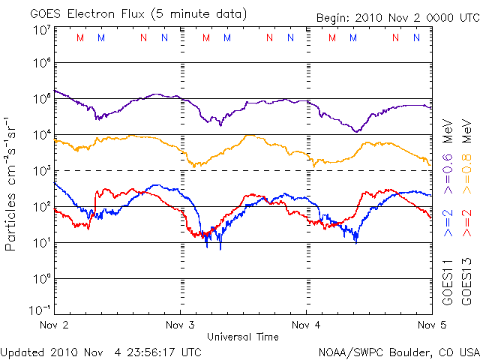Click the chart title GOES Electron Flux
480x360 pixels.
click(87, 14)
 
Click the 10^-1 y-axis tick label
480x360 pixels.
click(40, 310)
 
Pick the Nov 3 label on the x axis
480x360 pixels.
click(180, 325)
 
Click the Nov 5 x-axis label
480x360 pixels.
click(432, 325)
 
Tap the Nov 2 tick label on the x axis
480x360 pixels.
click(54, 325)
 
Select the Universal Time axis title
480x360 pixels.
click(243, 337)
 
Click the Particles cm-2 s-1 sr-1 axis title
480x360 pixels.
click(10, 184)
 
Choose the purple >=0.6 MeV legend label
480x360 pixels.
click(448, 157)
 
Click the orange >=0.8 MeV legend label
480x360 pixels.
click(466, 157)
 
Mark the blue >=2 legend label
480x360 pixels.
click(448, 223)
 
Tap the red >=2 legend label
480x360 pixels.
click(466, 223)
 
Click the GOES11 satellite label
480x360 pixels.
click(448, 282)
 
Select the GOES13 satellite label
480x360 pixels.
click(466, 282)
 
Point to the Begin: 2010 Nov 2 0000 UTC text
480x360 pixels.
click(398, 18)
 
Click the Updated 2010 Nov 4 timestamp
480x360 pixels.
click(100, 352)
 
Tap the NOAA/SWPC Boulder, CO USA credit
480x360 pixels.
click(399, 352)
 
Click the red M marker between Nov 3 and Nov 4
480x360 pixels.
click(206, 37)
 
